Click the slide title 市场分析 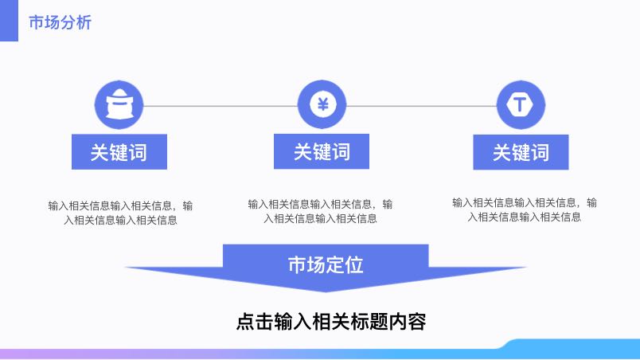(x=60, y=22)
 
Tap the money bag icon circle (x=119, y=105)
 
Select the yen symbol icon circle (x=322, y=104)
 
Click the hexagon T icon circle (x=521, y=105)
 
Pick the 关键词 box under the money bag (x=119, y=152)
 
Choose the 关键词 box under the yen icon (x=322, y=151)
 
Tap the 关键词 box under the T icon (x=521, y=152)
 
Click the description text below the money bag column (x=120, y=213)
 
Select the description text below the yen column (x=321, y=211)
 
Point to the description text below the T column (x=525, y=209)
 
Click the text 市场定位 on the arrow (x=326, y=264)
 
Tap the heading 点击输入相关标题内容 (x=331, y=321)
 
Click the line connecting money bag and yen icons (x=220, y=106)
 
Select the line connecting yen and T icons (x=421, y=106)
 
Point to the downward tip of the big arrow (x=326, y=292)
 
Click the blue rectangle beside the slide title (x=9, y=21)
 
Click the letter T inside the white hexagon (x=520, y=104)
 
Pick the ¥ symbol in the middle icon (x=323, y=104)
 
